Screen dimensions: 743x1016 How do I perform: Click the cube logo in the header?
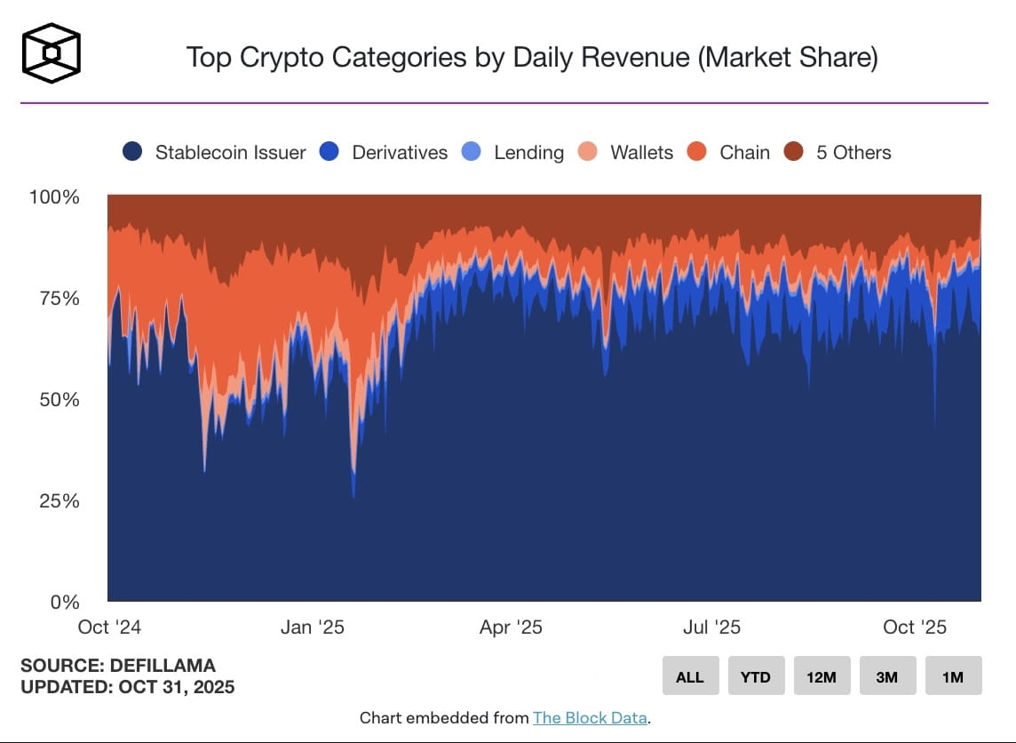(52, 53)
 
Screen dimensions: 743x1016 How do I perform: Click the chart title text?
(531, 58)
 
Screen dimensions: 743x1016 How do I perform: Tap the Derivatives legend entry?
(385, 152)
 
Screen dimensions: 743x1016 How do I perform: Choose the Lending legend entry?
(513, 152)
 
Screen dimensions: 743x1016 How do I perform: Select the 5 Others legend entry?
(837, 152)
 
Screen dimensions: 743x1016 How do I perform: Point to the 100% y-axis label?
(54, 196)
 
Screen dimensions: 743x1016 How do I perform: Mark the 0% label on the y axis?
(64, 602)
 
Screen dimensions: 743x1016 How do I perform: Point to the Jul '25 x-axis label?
(710, 627)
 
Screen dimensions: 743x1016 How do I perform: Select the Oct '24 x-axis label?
(109, 627)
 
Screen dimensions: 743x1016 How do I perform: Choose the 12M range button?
(822, 676)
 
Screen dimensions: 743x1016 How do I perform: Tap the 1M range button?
(953, 676)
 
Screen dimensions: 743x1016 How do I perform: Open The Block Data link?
(590, 718)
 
